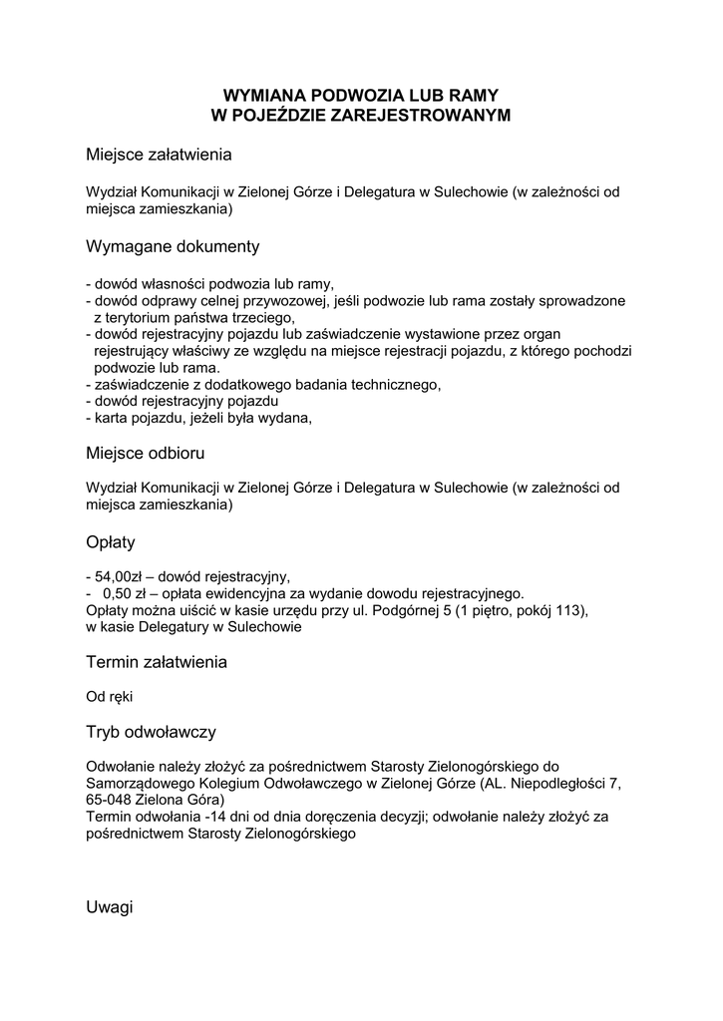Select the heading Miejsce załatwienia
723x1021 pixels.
tap(159, 156)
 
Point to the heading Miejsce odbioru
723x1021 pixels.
tap(145, 453)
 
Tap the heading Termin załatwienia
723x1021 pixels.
tap(156, 662)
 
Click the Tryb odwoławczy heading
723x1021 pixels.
tap(151, 732)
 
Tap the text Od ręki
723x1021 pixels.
tap(109, 697)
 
